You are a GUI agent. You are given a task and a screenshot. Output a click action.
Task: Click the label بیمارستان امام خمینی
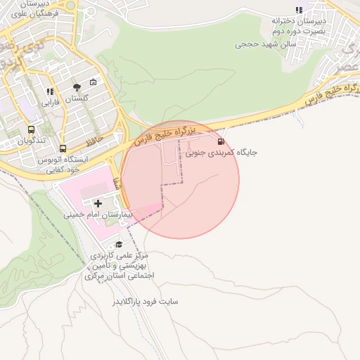98,213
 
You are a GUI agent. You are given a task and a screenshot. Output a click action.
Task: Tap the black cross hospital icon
97,203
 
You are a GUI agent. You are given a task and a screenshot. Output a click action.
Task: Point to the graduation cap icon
119,244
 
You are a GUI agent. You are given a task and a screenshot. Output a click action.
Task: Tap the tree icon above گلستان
77,87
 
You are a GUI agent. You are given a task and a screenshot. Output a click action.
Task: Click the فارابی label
50,103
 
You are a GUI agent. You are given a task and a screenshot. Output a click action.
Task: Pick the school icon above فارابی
50,92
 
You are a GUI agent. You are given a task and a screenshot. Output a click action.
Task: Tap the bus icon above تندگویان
31,130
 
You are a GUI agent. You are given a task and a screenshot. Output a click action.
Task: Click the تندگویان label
31,141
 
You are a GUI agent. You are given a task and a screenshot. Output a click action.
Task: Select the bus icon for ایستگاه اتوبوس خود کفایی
63,149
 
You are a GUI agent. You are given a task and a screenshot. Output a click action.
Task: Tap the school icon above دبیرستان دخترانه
299,10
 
